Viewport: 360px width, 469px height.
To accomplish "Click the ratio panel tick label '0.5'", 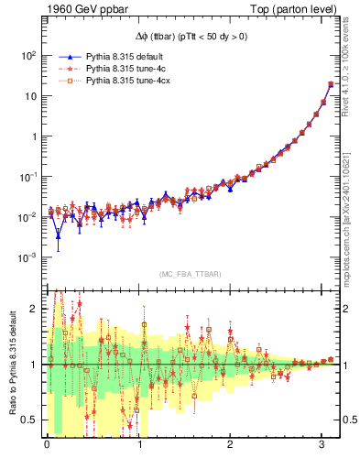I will [27, 420].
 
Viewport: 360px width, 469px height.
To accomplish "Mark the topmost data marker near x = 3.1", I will [331, 84].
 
